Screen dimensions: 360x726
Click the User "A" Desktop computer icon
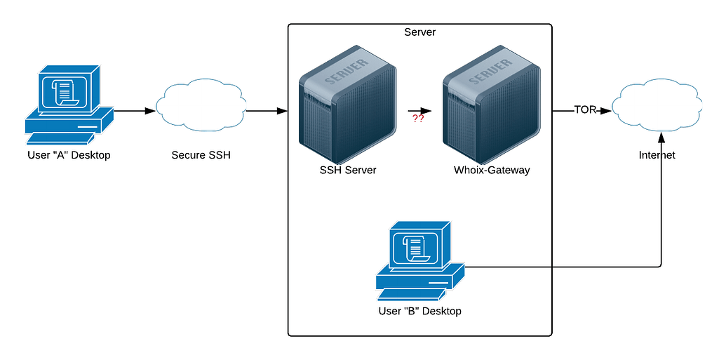pyautogui.click(x=69, y=102)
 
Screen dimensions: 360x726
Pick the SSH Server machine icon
pyautogui.click(x=347, y=105)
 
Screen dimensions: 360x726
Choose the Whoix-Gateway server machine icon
pyautogui.click(x=492, y=105)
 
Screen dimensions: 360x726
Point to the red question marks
pyautogui.click(x=418, y=119)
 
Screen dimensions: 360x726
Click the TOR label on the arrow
pyautogui.click(x=585, y=110)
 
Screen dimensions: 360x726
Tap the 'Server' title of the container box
pyautogui.click(x=419, y=32)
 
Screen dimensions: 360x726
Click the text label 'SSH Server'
pyautogui.click(x=348, y=170)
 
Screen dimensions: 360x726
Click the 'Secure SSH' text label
pyautogui.click(x=201, y=155)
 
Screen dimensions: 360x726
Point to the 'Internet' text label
pyautogui.click(x=657, y=155)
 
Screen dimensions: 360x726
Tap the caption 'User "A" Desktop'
pyautogui.click(x=68, y=155)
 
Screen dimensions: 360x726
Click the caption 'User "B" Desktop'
pyautogui.click(x=419, y=310)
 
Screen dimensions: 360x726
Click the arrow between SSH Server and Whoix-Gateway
pyautogui.click(x=419, y=111)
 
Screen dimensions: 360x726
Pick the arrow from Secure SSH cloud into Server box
pyautogui.click(x=267, y=111)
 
